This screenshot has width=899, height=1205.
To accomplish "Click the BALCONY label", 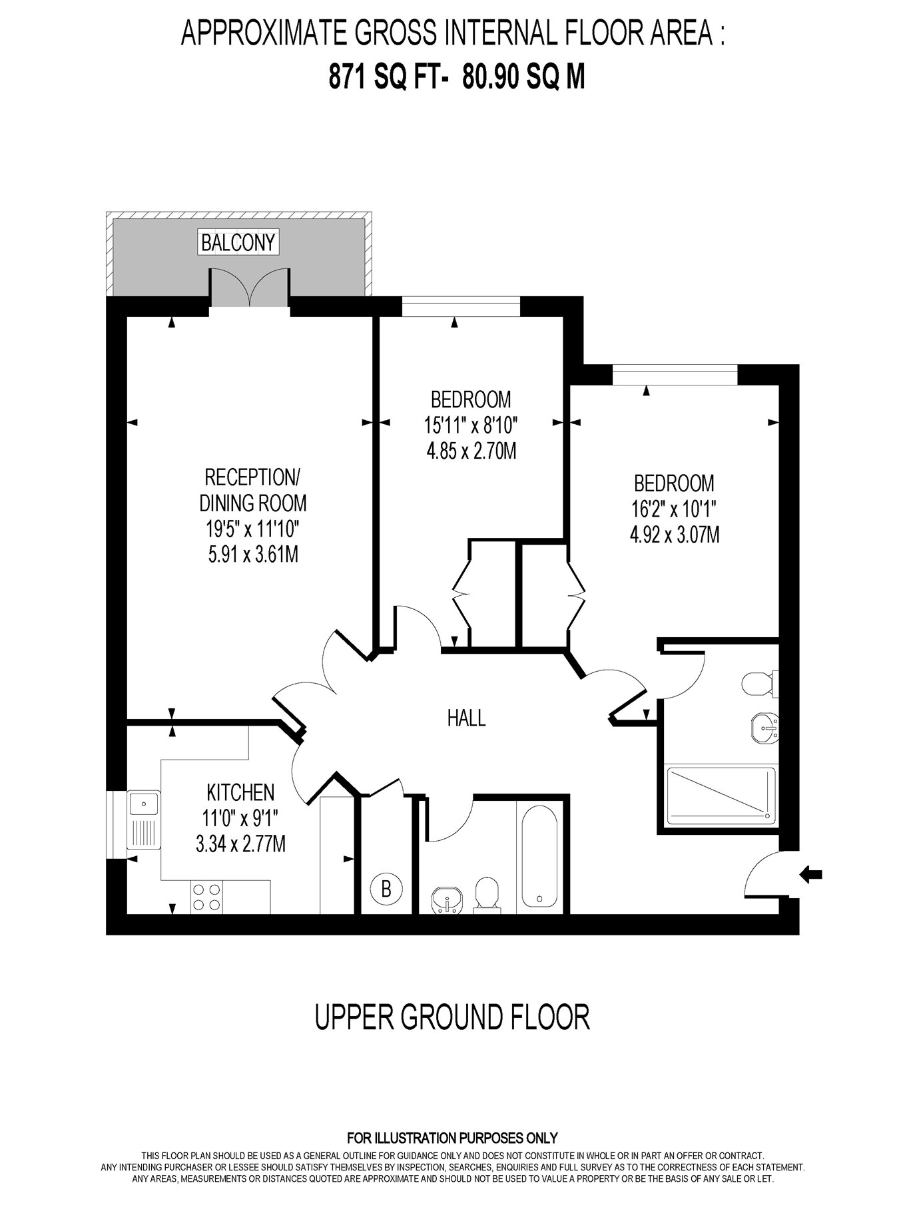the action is point(238,242).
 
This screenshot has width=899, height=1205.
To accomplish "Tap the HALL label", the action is point(466,718).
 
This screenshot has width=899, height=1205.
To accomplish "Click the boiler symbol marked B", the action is point(386,888).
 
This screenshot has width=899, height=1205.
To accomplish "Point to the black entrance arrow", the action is point(810,874).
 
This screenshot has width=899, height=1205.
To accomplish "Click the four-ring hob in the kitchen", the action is point(206,896).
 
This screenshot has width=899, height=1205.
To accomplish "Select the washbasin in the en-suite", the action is point(764,728).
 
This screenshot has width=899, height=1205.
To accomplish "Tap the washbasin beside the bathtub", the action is point(447,900).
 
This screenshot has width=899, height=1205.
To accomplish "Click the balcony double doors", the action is point(250,287).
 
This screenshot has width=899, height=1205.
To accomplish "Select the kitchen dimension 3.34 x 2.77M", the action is point(240,844).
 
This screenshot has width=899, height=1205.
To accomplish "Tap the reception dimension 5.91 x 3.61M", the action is point(253,554).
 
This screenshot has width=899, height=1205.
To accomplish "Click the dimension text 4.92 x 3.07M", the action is point(675,535).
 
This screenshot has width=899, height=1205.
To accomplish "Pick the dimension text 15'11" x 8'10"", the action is point(471,424).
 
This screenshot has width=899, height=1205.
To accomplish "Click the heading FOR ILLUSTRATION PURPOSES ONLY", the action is point(452,1138).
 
